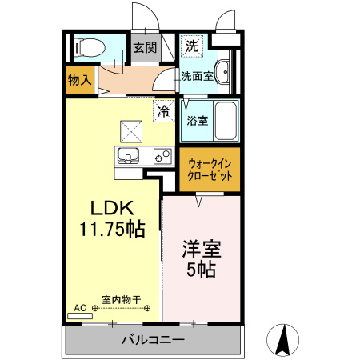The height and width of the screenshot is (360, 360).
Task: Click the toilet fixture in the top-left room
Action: (x=88, y=48)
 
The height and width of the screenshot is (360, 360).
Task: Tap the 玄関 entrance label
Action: (x=145, y=48)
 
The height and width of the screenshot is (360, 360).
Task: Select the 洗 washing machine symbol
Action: (x=191, y=46)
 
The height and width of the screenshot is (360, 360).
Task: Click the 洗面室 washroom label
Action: (x=196, y=77)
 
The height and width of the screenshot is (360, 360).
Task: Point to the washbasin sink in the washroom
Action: (x=224, y=73)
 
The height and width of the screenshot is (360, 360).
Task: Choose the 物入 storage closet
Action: (x=79, y=81)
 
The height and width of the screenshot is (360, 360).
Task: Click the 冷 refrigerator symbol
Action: (x=163, y=111)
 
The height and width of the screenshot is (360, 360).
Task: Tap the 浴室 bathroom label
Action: (x=198, y=122)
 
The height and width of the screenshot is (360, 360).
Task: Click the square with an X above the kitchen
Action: (x=131, y=130)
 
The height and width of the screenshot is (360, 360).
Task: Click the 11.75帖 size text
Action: (x=111, y=229)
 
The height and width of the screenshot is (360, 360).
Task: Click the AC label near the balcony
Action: (x=80, y=307)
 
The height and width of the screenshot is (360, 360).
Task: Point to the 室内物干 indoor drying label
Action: (x=122, y=301)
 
